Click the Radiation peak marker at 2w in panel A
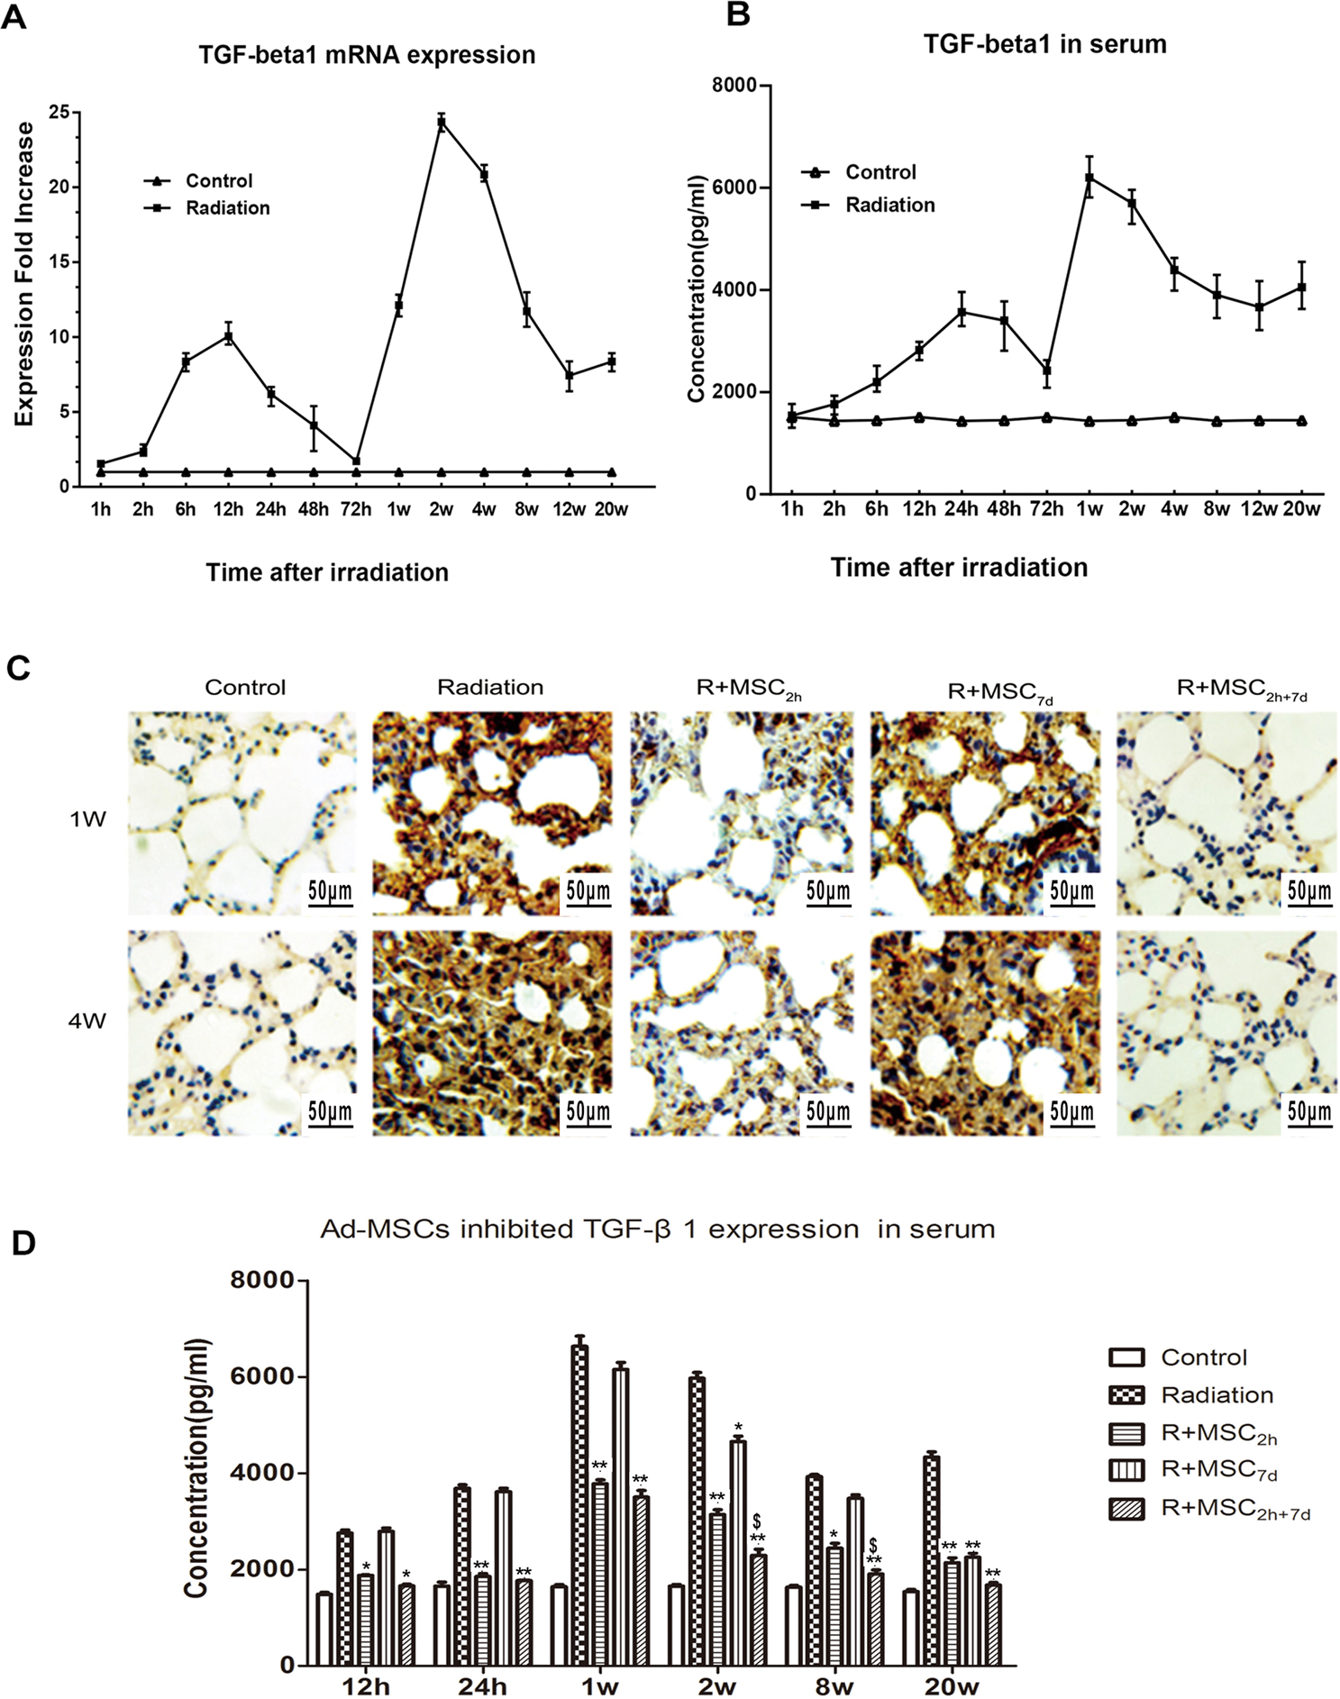coord(442,123)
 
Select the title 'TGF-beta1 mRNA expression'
coord(367,55)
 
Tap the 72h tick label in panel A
coord(356,509)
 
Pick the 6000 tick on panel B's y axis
coord(734,187)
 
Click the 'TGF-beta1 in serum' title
coord(1044,44)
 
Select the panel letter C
coord(18,668)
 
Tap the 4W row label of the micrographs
coord(87,1021)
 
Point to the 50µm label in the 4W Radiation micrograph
coord(588,1111)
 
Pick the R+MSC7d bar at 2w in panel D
coord(738,1552)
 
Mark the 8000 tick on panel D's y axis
coord(262,1280)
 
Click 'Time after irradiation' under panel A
coord(327,572)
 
